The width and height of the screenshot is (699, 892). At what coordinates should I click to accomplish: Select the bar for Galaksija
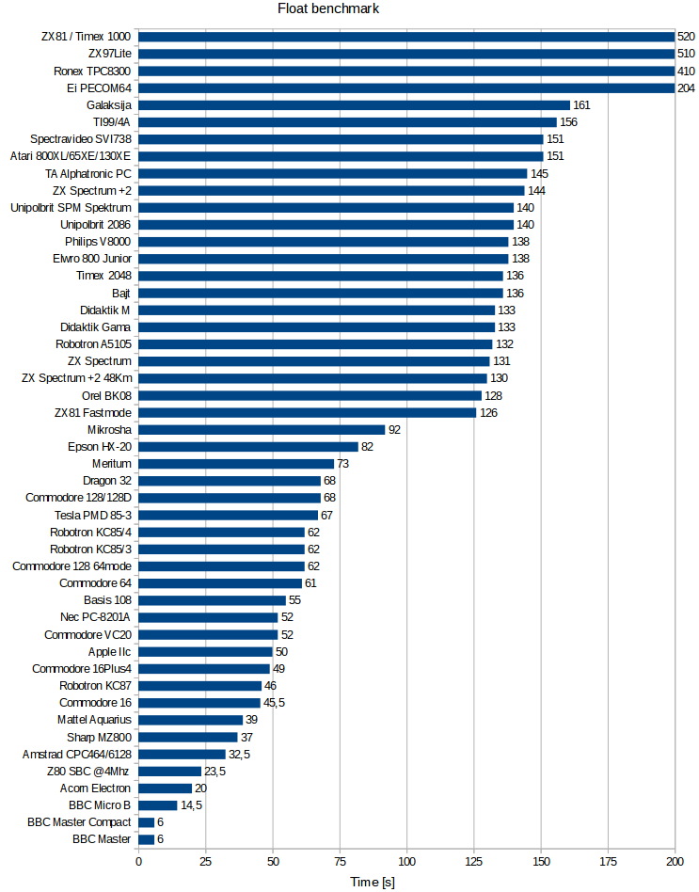pyautogui.click(x=354, y=105)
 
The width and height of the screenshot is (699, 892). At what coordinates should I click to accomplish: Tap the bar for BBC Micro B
pyautogui.click(x=158, y=805)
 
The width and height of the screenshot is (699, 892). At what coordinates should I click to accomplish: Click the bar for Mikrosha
pyautogui.click(x=262, y=430)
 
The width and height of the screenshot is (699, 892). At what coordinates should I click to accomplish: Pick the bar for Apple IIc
pyautogui.click(x=205, y=652)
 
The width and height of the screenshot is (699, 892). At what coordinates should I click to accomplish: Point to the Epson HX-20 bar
pyautogui.click(x=248, y=447)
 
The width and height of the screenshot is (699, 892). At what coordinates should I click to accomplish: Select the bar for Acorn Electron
pyautogui.click(x=165, y=788)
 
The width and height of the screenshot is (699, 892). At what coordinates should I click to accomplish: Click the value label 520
pyautogui.click(x=687, y=37)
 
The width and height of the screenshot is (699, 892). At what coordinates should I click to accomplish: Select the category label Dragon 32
pyautogui.click(x=107, y=481)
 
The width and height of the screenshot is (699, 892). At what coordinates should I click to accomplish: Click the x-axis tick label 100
pyautogui.click(x=406, y=861)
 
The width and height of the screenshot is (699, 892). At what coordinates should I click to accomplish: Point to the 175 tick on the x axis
pyautogui.click(x=608, y=861)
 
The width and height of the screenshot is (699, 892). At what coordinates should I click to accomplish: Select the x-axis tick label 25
pyautogui.click(x=205, y=861)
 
